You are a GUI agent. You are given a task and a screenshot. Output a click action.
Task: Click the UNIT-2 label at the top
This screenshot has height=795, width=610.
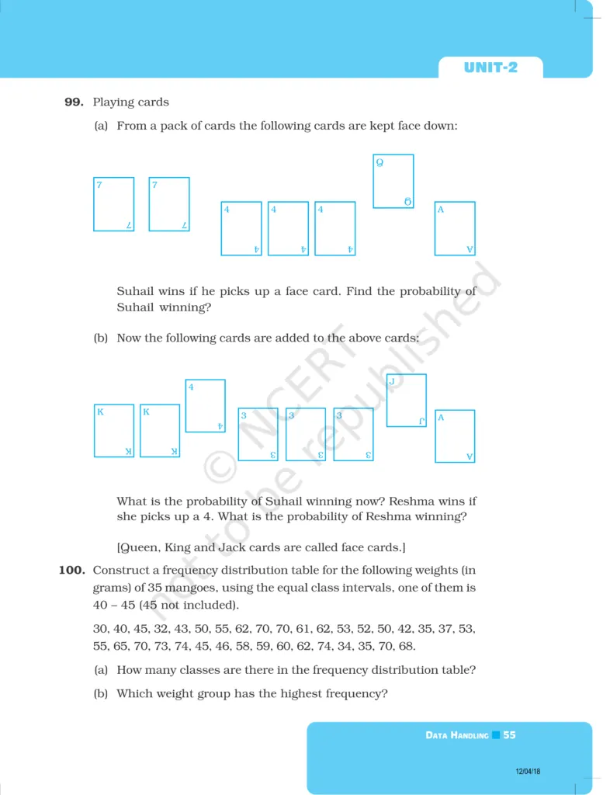[x=490, y=68]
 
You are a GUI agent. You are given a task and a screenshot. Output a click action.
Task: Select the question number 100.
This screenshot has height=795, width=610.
[x=71, y=571]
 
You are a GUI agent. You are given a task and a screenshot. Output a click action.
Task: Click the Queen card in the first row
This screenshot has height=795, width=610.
[x=393, y=181]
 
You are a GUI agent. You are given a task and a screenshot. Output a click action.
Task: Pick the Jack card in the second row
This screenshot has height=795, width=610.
[x=406, y=400]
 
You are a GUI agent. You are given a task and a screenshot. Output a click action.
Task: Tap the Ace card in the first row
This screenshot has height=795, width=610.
[x=454, y=228]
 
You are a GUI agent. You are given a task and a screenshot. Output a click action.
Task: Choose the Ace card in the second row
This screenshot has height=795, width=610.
[x=454, y=436]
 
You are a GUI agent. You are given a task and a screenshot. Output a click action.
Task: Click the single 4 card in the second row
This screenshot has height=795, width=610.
[x=205, y=405]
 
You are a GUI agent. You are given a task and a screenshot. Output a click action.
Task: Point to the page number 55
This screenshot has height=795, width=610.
[x=509, y=734]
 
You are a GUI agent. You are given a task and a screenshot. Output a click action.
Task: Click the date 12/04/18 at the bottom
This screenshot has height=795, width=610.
[x=528, y=771]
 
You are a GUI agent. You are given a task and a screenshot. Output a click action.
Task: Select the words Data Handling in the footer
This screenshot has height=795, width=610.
[x=457, y=735]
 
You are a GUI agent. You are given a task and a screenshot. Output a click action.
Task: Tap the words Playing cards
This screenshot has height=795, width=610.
[x=131, y=102]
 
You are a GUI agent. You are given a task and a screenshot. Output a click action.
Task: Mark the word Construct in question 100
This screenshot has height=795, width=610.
[x=120, y=571]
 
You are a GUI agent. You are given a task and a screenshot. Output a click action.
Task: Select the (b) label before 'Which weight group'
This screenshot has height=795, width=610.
[x=101, y=693]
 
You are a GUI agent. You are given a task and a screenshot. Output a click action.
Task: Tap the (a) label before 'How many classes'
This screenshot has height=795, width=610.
[x=101, y=670]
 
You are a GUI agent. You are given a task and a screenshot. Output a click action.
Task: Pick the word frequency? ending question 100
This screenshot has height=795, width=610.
[x=353, y=693]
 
